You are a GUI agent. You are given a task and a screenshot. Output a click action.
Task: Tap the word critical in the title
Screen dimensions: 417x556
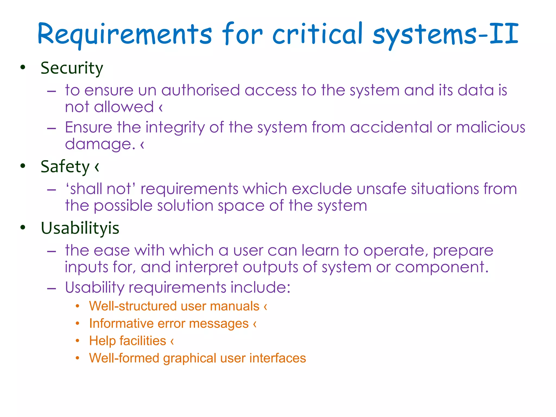[x=318, y=34]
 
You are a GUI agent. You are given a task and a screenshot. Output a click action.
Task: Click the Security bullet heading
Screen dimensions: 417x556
[x=72, y=68]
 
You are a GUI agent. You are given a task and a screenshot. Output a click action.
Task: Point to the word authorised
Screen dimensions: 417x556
[x=201, y=90]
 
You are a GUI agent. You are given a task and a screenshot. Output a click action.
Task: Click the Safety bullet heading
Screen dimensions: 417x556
[x=65, y=166]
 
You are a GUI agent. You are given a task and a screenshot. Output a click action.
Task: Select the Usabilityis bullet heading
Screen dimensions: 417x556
[x=80, y=228]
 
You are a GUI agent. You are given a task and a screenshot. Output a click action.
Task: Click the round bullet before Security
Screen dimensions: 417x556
[x=23, y=67]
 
